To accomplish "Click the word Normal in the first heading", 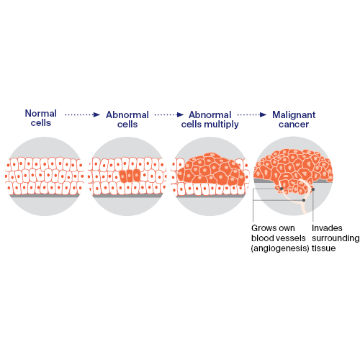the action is pyautogui.click(x=41, y=113).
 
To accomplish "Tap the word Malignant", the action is pyautogui.click(x=294, y=115).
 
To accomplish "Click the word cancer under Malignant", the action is pyautogui.click(x=294, y=125).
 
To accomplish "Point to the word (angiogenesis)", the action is pyautogui.click(x=280, y=248).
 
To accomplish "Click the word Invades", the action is pyautogui.click(x=327, y=228).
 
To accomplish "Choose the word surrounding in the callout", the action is pyautogui.click(x=336, y=238).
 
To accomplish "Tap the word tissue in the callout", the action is pyautogui.click(x=323, y=248).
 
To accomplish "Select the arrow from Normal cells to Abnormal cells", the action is pyautogui.click(x=83, y=114).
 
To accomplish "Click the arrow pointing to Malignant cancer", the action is pyautogui.click(x=252, y=114).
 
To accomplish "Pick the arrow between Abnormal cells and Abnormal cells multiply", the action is pyautogui.click(x=169, y=114).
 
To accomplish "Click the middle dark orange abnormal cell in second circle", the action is pyautogui.click(x=130, y=176).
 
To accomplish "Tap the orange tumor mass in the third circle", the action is pyautogui.click(x=210, y=169).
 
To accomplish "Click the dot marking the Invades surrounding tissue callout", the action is pyautogui.click(x=313, y=189).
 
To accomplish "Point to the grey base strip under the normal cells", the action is pyautogui.click(x=45, y=196).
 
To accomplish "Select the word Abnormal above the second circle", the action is pyautogui.click(x=127, y=115).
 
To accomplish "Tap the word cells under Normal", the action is pyautogui.click(x=41, y=123).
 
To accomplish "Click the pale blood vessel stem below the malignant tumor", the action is pyautogui.click(x=303, y=207).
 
